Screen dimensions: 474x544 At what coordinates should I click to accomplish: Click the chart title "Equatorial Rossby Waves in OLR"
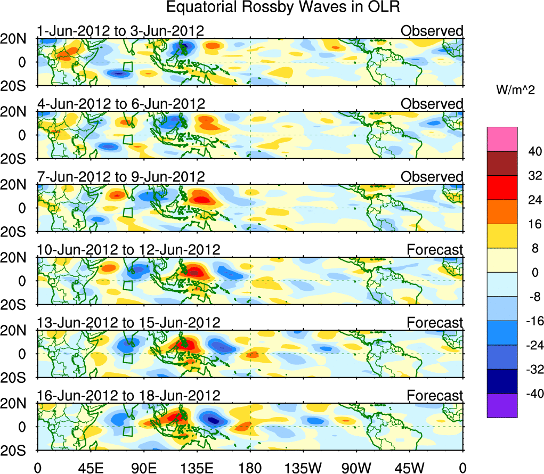[283, 7]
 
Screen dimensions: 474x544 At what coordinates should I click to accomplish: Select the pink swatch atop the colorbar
[501, 139]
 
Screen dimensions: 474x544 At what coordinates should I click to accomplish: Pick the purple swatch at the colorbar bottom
[501, 406]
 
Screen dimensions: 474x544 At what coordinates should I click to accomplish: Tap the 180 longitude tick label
[250, 467]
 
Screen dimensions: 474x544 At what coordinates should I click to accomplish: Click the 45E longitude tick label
[91, 467]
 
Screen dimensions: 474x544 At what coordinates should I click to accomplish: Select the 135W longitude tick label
[303, 467]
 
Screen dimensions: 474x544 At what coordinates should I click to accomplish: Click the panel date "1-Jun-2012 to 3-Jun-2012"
[120, 31]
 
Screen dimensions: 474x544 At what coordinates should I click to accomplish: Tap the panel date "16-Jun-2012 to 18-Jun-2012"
[128, 396]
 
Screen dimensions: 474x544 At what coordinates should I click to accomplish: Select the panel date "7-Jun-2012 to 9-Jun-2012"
[120, 176]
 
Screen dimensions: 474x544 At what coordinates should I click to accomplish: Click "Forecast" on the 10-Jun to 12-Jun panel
[435, 249]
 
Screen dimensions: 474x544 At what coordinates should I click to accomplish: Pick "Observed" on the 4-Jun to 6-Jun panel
[432, 104]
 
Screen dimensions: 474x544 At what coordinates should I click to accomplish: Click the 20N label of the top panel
[17, 39]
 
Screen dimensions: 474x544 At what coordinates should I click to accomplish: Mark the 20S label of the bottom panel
[17, 451]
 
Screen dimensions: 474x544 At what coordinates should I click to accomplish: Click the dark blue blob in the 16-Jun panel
[214, 421]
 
